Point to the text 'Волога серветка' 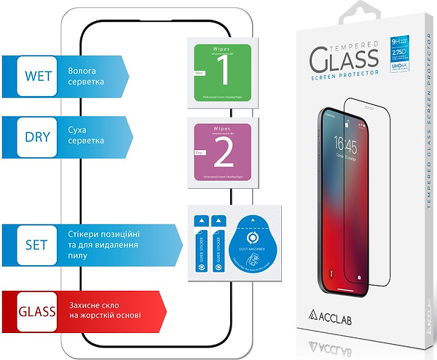[86, 77]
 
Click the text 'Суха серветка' [86, 137]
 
